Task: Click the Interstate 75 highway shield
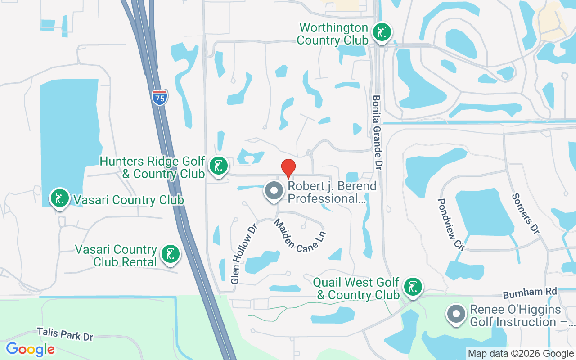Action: [160, 97]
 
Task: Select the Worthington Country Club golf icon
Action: [382, 32]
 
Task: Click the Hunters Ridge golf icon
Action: [219, 166]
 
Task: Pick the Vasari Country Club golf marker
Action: [59, 198]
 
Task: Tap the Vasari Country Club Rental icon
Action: [170, 254]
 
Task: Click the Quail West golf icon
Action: [413, 287]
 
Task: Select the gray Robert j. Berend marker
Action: [274, 191]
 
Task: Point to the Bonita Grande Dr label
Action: [377, 132]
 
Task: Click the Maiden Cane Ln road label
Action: [300, 235]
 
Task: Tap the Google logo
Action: [30, 349]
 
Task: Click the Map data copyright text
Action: [521, 354]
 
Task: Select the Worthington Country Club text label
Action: [333, 34]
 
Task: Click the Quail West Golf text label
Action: [356, 288]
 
